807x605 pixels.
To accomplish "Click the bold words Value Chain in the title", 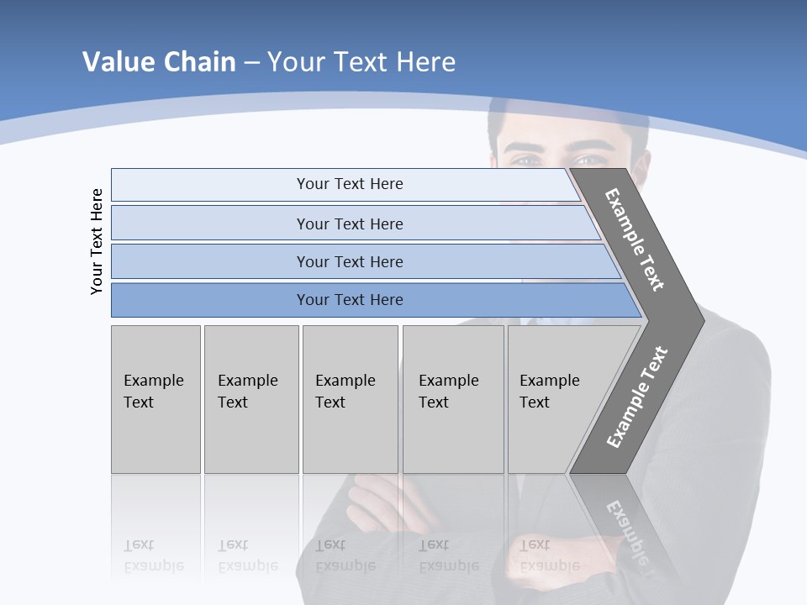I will coord(159,62).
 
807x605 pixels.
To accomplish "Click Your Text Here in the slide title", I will coord(361,62).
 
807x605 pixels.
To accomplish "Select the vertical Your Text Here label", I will coord(97,242).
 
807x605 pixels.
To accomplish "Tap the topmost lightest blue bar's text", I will coord(350,184).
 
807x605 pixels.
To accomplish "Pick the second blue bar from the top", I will coord(350,224).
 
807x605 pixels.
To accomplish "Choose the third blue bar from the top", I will coord(350,261).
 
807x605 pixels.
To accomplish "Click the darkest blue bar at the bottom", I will coord(350,300).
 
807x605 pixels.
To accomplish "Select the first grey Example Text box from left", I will coord(156,399).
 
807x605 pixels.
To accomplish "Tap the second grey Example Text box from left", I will coord(251,399).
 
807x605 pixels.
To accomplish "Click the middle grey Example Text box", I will coord(350,399).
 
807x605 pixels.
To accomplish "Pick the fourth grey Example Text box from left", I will coord(453,399).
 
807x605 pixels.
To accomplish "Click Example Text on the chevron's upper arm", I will coord(635,239).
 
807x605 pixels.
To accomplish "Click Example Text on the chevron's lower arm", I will coord(637,397).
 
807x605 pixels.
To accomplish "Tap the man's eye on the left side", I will coord(525,160).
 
